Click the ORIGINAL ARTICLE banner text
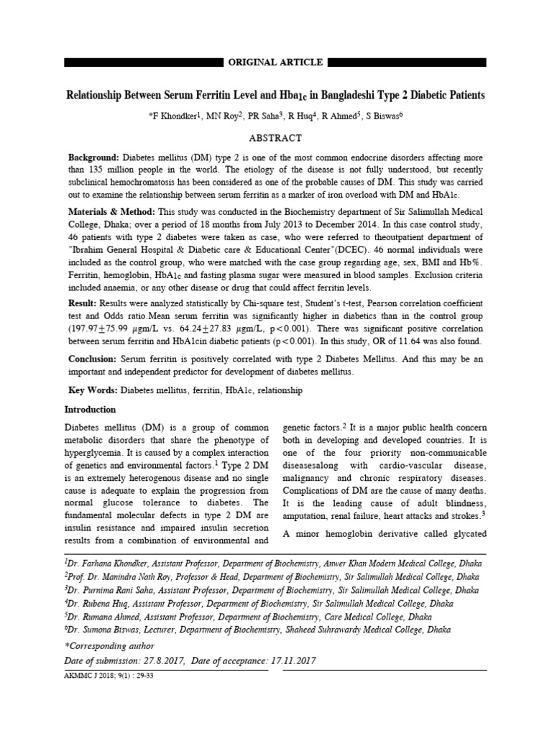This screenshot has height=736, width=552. [275, 63]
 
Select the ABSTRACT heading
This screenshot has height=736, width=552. [275, 138]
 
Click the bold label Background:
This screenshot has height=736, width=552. [93, 157]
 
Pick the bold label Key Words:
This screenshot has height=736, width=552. [93, 390]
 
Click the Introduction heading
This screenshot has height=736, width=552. [91, 410]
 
